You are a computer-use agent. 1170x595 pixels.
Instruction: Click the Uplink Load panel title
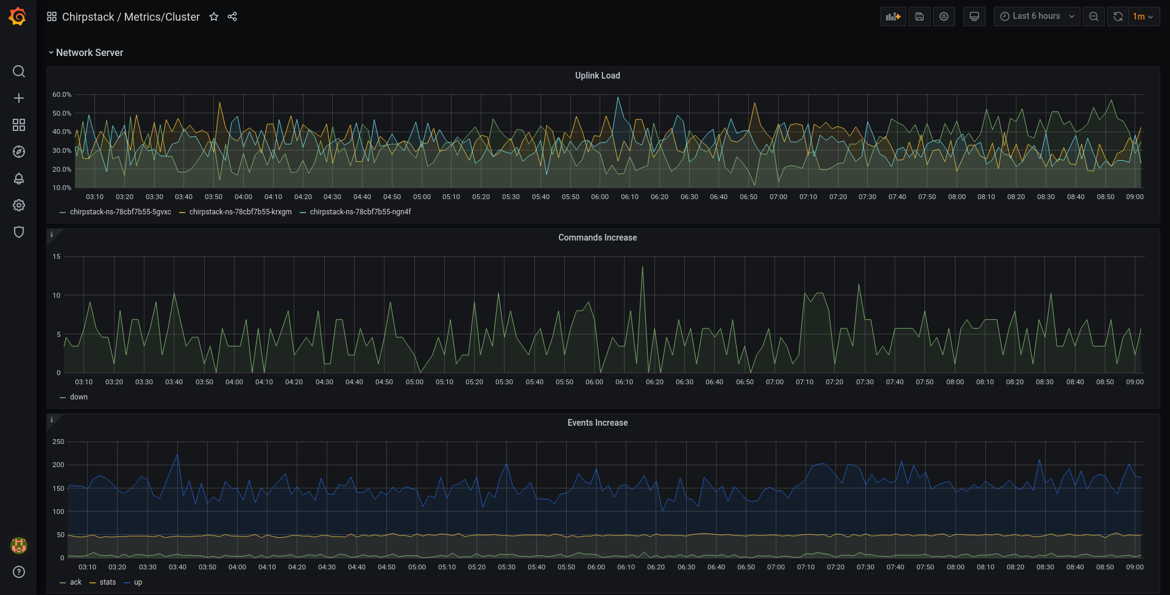pyautogui.click(x=597, y=76)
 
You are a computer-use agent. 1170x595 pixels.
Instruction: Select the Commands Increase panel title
pyautogui.click(x=597, y=238)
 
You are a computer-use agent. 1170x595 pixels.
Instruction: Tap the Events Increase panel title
pyautogui.click(x=597, y=423)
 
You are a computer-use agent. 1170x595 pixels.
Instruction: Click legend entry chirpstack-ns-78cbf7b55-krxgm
pyautogui.click(x=240, y=212)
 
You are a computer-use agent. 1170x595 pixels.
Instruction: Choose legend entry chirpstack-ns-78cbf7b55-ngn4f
pyautogui.click(x=360, y=212)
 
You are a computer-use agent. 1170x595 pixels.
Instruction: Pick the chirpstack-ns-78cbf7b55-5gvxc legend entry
pyautogui.click(x=120, y=212)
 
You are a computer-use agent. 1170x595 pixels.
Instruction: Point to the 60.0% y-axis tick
pyautogui.click(x=62, y=94)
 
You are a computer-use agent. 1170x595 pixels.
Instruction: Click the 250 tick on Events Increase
pyautogui.click(x=58, y=442)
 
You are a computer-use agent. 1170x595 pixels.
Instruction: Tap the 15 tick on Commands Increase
pyautogui.click(x=57, y=256)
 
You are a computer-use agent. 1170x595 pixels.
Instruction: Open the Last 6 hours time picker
pyautogui.click(x=1037, y=16)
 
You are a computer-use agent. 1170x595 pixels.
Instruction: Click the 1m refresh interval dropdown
pyautogui.click(x=1143, y=16)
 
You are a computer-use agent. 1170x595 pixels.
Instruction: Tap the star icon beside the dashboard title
pyautogui.click(x=214, y=16)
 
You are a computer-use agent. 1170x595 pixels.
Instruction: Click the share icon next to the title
pyautogui.click(x=232, y=16)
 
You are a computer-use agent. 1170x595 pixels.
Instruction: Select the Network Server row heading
pyautogui.click(x=90, y=53)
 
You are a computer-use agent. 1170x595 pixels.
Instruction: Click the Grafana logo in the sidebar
pyautogui.click(x=18, y=16)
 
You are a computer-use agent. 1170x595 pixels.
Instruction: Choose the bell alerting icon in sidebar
pyautogui.click(x=19, y=178)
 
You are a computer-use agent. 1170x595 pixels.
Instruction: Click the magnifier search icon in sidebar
pyautogui.click(x=19, y=71)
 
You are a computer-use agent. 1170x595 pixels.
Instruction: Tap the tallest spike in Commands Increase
pyautogui.click(x=642, y=267)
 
